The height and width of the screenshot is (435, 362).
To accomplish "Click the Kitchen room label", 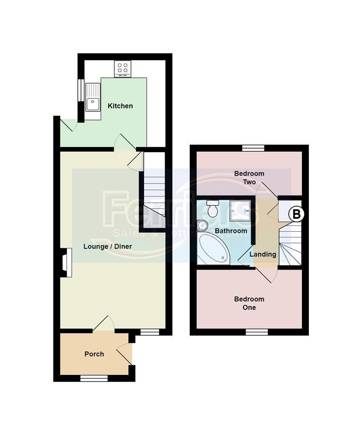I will [x=120, y=106].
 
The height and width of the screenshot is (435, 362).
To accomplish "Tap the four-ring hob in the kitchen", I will [x=122, y=69].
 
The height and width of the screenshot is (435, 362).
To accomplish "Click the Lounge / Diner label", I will [x=108, y=246].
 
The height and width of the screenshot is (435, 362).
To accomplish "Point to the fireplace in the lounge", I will [x=66, y=263].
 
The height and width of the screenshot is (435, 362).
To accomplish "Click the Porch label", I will [x=94, y=354].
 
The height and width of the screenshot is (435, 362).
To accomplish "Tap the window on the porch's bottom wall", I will [x=94, y=378].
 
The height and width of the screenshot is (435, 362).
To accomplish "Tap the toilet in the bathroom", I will [x=212, y=209].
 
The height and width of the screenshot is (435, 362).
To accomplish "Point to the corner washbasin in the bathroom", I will [x=202, y=225].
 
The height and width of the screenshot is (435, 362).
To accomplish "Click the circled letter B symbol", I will [x=296, y=214].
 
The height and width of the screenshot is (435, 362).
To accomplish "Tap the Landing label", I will [x=263, y=254].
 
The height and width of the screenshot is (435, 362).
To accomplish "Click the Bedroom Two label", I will [x=249, y=178].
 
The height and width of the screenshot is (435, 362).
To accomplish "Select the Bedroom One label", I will [x=249, y=303].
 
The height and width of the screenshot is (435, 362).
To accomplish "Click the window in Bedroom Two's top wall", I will [x=253, y=148].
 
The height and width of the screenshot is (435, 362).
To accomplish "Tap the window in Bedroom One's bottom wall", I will [x=257, y=332].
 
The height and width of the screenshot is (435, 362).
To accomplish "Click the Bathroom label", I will [x=231, y=231].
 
